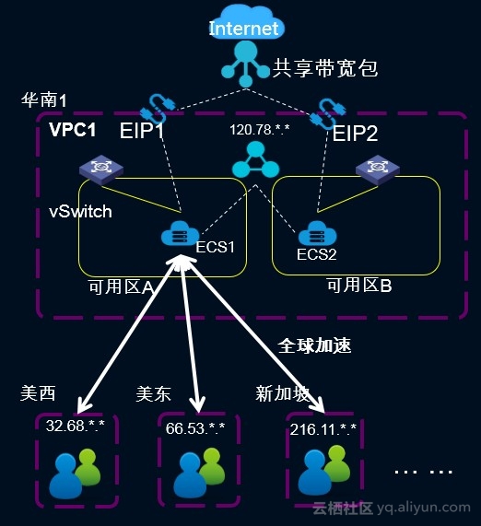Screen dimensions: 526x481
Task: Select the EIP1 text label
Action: pos(142,131)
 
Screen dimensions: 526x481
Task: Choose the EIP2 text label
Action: pos(356,134)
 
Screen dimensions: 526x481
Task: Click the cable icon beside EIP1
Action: pos(152,109)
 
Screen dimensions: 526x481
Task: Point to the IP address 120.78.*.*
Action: pos(259,129)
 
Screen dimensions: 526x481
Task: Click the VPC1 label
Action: pos(73,129)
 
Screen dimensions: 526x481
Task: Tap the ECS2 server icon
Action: pos(317,233)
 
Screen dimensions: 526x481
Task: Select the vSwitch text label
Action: pos(80,212)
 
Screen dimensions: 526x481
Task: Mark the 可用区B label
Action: pos(359,286)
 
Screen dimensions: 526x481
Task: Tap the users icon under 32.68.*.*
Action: pos(75,473)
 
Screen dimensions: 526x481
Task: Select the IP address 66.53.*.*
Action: pos(195,427)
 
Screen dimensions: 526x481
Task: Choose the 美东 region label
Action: pos(153,393)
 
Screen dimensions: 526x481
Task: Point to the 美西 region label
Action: pos(38,393)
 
